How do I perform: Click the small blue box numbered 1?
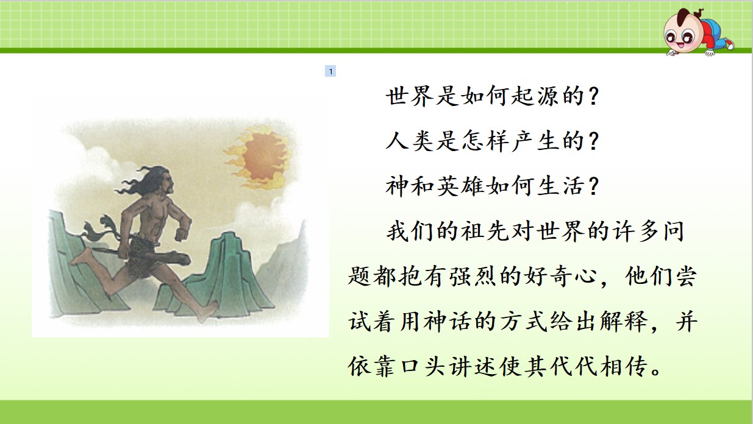pyautogui.click(x=330, y=71)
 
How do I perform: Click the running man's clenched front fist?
pyautogui.click(x=182, y=233)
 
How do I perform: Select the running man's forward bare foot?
pyautogui.click(x=207, y=311)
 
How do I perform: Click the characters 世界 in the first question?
pyautogui.click(x=410, y=96)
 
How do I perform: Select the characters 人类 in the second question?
pyautogui.click(x=410, y=141)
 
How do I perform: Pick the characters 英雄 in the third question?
pyautogui.click(x=461, y=186)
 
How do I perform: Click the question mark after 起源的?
pyautogui.click(x=593, y=96)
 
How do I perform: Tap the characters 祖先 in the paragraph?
pyautogui.click(x=485, y=231)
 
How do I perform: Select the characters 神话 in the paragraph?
pyautogui.click(x=448, y=321)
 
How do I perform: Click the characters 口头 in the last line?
pyautogui.click(x=423, y=366)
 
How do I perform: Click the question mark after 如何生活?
pyautogui.click(x=593, y=186)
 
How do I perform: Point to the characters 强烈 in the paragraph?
pyautogui.click(x=473, y=276)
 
